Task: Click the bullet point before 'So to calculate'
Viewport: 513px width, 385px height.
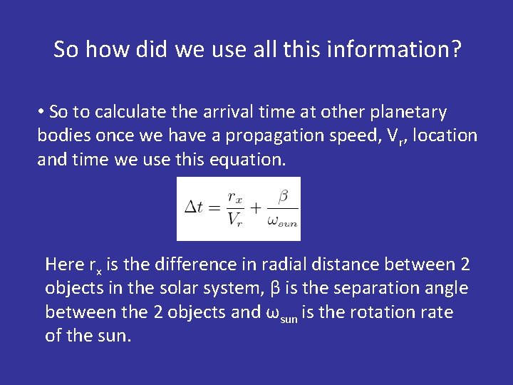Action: [x=43, y=113]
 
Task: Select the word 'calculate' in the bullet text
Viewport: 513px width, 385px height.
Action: [x=134, y=112]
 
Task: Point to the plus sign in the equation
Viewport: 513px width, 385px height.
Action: [x=255, y=207]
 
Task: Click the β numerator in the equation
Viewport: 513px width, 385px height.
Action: [x=282, y=195]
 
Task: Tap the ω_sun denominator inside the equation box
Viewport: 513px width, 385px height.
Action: [x=282, y=221]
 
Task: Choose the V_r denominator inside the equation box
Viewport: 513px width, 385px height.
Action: [x=235, y=220]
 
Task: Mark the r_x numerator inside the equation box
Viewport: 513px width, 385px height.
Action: [x=236, y=197]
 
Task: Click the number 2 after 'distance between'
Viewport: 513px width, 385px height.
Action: [x=465, y=265]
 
